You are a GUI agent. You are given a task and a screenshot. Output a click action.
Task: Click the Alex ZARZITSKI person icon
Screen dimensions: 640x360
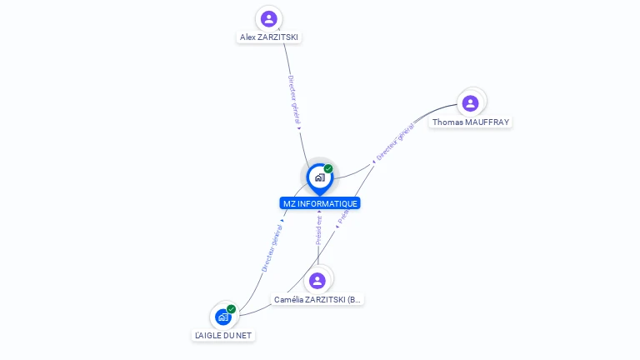tap(268, 18)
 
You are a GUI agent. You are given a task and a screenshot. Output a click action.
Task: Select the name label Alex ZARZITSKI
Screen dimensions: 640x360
tap(268, 37)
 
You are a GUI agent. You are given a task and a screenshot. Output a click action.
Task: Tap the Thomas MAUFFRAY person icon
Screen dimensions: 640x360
tap(470, 103)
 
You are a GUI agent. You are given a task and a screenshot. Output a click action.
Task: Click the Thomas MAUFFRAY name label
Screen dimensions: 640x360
tap(470, 122)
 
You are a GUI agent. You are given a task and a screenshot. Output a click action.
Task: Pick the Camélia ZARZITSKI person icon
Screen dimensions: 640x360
tap(317, 281)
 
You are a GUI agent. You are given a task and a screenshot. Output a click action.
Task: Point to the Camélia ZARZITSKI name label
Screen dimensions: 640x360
tap(318, 299)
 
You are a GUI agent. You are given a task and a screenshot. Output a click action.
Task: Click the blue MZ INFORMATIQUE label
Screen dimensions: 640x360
tap(320, 203)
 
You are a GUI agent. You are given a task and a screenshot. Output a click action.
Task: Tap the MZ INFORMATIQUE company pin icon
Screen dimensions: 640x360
tap(319, 177)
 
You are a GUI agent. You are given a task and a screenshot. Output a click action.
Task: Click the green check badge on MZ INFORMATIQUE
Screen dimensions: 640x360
tap(328, 169)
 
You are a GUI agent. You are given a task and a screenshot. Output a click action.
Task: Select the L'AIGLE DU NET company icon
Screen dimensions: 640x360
tap(222, 317)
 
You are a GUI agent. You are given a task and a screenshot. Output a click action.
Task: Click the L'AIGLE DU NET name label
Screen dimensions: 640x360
tap(222, 335)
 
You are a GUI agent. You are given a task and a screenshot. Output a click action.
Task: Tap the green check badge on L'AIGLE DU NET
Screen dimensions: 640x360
tap(232, 309)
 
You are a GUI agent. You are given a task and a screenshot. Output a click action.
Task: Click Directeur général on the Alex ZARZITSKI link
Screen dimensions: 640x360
tap(293, 101)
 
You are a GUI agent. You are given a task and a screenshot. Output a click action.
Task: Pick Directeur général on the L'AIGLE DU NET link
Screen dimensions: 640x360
tap(272, 248)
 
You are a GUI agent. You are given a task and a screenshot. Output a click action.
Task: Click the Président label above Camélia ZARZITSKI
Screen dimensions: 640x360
tap(318, 230)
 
